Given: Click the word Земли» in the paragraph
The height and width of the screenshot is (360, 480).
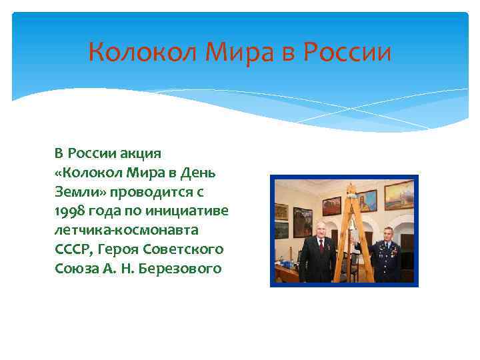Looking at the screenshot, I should pos(77,191).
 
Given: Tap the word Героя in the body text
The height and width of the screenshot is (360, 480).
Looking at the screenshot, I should pos(121,249).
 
